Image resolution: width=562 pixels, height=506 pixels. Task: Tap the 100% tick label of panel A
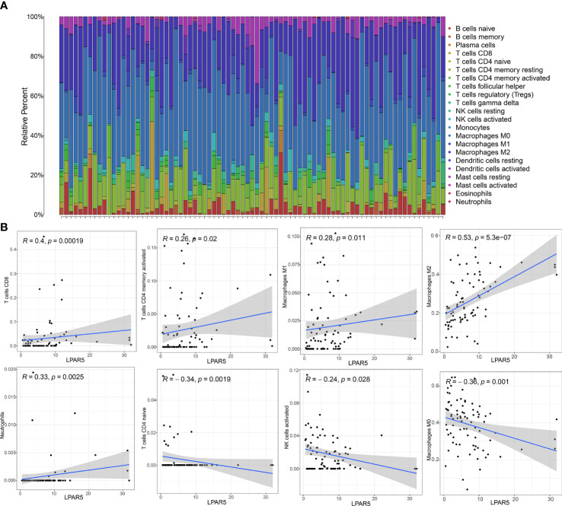tap(33, 17)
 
